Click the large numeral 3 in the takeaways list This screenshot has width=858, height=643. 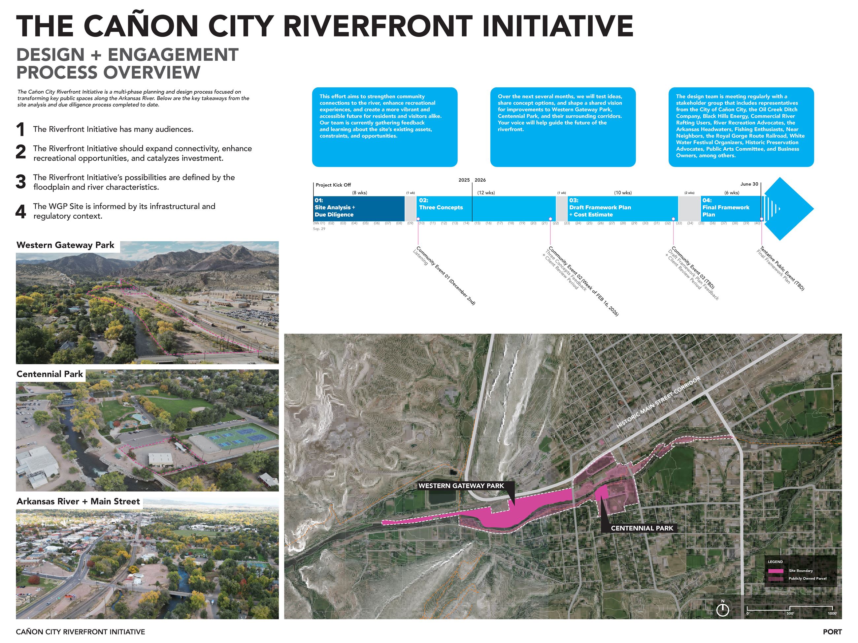20,182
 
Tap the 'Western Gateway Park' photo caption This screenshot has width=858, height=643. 65,245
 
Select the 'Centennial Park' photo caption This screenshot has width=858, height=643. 49,374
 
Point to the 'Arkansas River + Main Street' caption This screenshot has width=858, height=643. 78,501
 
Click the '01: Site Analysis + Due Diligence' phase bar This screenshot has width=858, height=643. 358,208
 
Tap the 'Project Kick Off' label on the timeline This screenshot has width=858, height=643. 333,185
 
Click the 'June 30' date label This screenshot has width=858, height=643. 749,184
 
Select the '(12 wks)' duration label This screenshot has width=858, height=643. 486,193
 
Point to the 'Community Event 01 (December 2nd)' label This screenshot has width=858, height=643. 446,276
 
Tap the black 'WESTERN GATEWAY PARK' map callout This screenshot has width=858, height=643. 461,486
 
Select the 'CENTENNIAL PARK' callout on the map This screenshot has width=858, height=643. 642,528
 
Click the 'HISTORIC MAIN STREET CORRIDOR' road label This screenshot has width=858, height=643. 658,402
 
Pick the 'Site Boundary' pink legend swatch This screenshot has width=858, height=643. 776,571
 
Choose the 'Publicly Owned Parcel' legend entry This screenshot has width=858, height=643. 807,579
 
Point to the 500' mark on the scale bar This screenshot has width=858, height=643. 790,613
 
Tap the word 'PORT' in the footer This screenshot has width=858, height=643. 832,632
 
